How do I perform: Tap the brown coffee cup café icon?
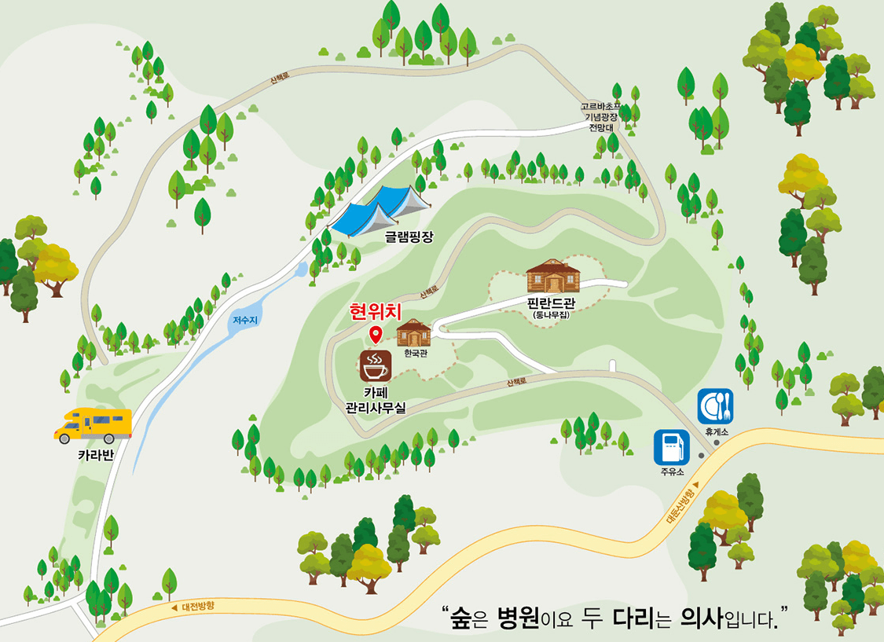[x=375, y=365]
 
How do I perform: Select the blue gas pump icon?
[x=671, y=447]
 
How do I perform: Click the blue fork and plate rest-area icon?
[x=715, y=406]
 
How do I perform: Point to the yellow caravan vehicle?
[x=93, y=425]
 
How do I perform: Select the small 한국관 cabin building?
[x=413, y=333]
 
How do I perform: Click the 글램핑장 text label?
[x=409, y=236]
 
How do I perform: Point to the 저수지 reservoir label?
[x=244, y=321]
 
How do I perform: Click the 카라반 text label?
[x=95, y=454]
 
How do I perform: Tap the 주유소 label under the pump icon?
[x=672, y=472]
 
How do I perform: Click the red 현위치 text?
[x=376, y=312]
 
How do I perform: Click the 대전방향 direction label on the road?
[x=197, y=606]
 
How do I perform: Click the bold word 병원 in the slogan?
[x=518, y=618]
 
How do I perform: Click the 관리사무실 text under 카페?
[x=376, y=407]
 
